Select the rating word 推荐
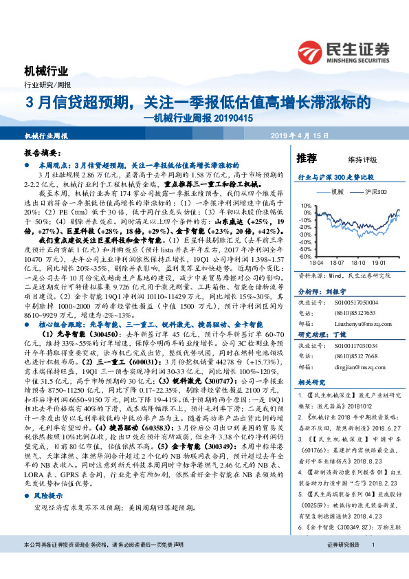point(306,158)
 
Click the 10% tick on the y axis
point(305,206)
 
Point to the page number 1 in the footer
point(372,564)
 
